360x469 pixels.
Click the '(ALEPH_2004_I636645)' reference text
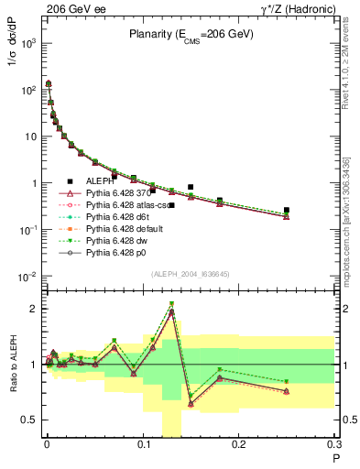pyautogui.click(x=191, y=273)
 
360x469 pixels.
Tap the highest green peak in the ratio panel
pyautogui.click(x=171, y=304)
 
